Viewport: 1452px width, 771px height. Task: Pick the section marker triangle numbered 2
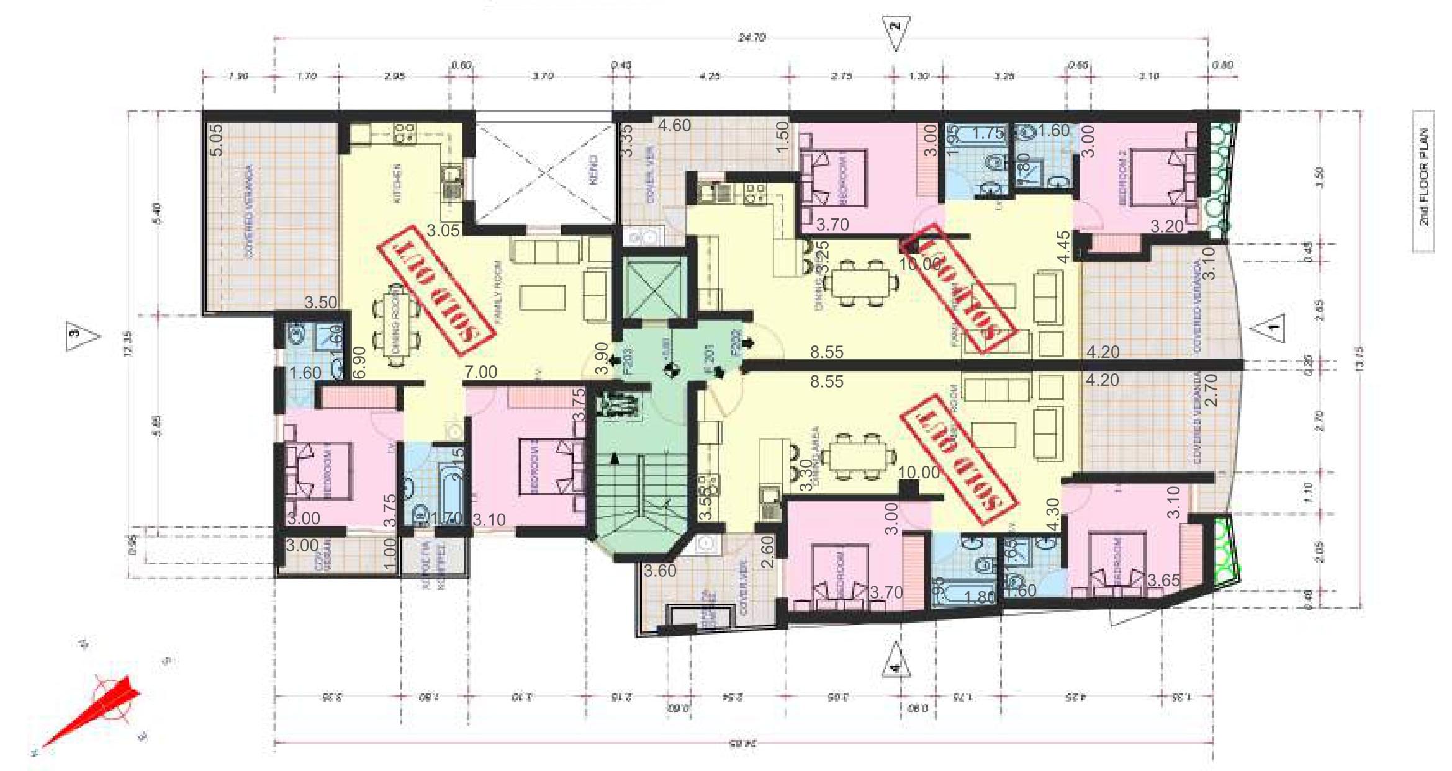click(895, 32)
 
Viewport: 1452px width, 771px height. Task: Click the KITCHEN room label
click(398, 183)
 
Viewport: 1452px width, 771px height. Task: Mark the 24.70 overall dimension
click(751, 37)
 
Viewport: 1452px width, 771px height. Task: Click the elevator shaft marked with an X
click(653, 289)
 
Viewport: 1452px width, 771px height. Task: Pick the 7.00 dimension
click(480, 372)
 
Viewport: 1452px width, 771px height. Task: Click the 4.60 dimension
click(674, 126)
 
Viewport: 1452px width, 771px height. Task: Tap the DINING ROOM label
click(395, 323)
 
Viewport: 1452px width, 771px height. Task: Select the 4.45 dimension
click(1063, 247)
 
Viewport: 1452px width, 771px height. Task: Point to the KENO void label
click(593, 171)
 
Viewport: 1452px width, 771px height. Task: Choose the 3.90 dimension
click(602, 359)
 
